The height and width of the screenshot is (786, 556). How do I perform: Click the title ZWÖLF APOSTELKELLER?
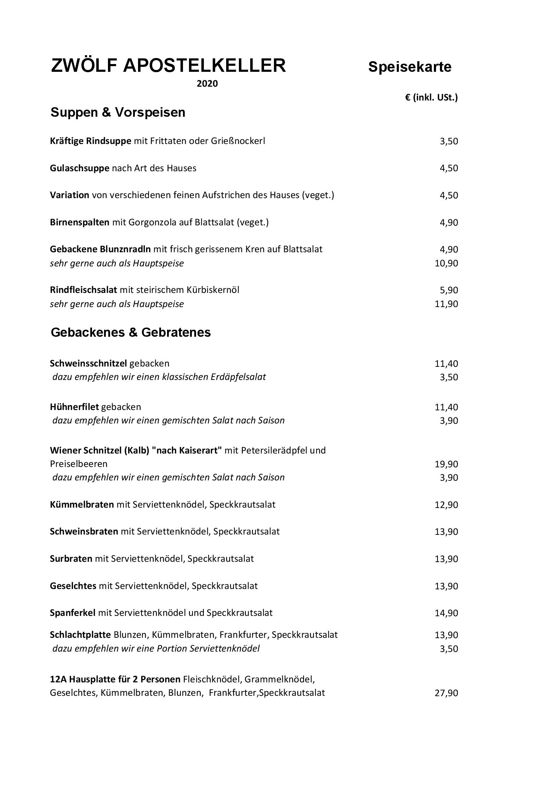click(168, 66)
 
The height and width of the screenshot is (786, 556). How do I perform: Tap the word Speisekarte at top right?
click(409, 67)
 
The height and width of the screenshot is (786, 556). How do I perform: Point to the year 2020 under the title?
click(207, 84)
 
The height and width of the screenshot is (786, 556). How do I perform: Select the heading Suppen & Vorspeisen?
click(118, 112)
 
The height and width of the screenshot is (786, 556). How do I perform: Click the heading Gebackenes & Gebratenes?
click(131, 333)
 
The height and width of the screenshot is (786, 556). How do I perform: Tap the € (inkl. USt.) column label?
click(431, 97)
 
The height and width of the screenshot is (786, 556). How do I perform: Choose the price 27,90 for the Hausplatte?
click(446, 693)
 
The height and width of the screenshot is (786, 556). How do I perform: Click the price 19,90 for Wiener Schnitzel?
click(446, 464)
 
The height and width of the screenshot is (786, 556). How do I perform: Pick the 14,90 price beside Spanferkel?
click(446, 613)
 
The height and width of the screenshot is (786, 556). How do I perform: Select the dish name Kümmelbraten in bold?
click(82, 504)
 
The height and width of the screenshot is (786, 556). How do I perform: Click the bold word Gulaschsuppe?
click(80, 168)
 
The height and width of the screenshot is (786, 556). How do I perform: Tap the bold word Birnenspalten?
click(80, 222)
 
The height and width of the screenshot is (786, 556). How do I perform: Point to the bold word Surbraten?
click(71, 559)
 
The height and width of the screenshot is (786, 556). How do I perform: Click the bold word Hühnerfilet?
click(74, 407)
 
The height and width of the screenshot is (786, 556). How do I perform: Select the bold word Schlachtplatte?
click(80, 635)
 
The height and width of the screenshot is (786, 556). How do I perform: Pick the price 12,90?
click(446, 505)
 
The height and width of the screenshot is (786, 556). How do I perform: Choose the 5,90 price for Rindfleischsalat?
click(448, 290)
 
